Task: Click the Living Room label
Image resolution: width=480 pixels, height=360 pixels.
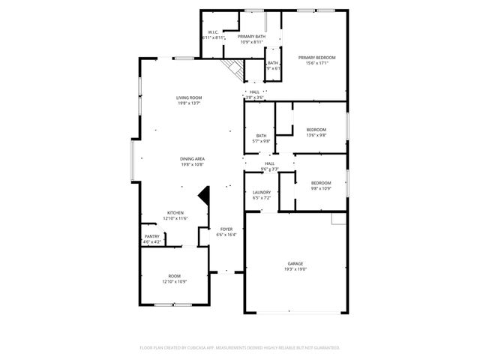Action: pyautogui.click(x=189, y=97)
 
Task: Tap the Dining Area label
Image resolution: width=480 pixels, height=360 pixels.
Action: pyautogui.click(x=192, y=158)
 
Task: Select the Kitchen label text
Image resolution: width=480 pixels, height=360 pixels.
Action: pyautogui.click(x=175, y=212)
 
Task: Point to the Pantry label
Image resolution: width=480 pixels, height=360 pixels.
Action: pyautogui.click(x=152, y=236)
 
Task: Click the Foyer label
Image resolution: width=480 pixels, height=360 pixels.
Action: pyautogui.click(x=226, y=229)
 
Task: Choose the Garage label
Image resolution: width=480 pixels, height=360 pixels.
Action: pyautogui.click(x=295, y=263)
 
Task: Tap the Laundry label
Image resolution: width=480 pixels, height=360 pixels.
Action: pyautogui.click(x=261, y=192)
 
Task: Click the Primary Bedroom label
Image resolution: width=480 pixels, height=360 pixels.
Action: pyautogui.click(x=316, y=58)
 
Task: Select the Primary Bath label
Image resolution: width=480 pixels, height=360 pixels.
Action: pyautogui.click(x=252, y=36)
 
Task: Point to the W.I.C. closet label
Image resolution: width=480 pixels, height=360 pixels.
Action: pyautogui.click(x=213, y=31)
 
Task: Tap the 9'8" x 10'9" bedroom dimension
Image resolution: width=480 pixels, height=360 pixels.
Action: pyautogui.click(x=321, y=188)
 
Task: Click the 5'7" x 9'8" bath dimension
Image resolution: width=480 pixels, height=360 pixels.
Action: pyautogui.click(x=261, y=141)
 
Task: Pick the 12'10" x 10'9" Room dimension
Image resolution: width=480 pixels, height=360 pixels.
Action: pyautogui.click(x=174, y=281)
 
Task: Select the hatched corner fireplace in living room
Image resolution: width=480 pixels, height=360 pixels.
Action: pyautogui.click(x=235, y=70)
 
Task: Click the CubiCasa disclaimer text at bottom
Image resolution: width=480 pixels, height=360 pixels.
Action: pyautogui.click(x=240, y=348)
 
